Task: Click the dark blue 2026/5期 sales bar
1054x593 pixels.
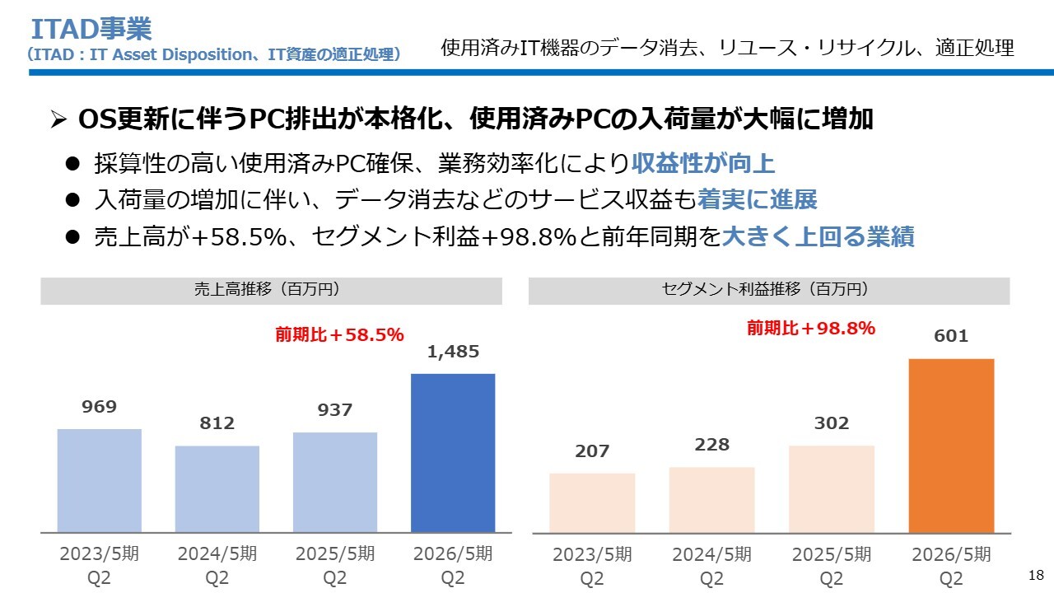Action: tap(453, 453)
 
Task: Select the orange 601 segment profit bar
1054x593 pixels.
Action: tap(951, 446)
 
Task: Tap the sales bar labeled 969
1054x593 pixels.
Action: tap(99, 480)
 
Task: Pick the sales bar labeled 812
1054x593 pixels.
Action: tap(217, 488)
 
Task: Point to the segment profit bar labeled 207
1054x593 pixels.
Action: tap(592, 502)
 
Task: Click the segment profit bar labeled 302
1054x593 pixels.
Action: tap(832, 488)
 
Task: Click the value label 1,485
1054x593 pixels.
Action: tap(453, 353)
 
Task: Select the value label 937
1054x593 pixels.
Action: tap(335, 410)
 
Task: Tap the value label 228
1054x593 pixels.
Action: tap(712, 445)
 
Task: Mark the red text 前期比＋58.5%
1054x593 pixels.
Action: tap(339, 334)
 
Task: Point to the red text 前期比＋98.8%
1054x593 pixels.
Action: tap(811, 328)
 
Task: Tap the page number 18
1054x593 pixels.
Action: tap(1037, 574)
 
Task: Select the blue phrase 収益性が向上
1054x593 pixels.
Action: tap(703, 163)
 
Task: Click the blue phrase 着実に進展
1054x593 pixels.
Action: tap(757, 200)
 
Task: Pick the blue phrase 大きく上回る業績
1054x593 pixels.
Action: tap(818, 237)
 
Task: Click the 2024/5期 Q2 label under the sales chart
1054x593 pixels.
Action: tap(217, 565)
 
